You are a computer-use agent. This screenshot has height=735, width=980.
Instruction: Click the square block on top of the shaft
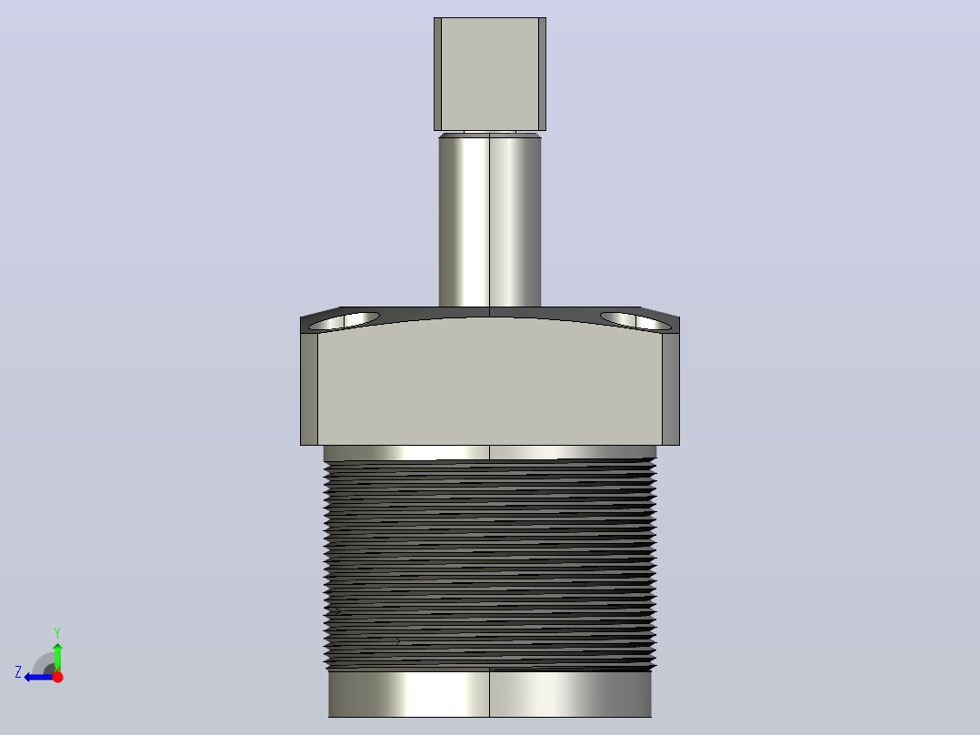(490, 74)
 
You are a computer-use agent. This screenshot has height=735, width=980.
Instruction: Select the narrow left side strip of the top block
(437, 74)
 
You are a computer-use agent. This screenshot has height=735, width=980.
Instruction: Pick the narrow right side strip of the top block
(542, 74)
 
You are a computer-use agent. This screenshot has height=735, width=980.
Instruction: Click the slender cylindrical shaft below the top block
(490, 221)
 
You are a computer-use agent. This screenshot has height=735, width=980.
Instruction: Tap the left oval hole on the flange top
(344, 321)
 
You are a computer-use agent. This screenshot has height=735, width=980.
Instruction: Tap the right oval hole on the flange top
(636, 321)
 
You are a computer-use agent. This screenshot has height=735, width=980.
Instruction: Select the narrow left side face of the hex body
(309, 388)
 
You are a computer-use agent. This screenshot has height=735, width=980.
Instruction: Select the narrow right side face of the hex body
(671, 388)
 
